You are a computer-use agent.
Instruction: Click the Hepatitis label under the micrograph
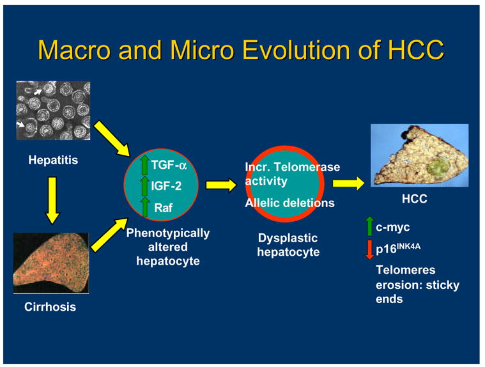click(53, 160)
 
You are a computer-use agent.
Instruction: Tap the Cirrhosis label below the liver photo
click(50, 307)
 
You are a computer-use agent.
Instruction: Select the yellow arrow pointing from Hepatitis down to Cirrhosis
click(52, 201)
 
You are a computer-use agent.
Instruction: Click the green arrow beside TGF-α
click(144, 165)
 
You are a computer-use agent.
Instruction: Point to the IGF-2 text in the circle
click(166, 186)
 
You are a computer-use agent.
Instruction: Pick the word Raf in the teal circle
click(164, 208)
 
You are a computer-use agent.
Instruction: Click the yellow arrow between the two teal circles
click(222, 185)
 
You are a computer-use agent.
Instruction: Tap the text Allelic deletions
click(290, 203)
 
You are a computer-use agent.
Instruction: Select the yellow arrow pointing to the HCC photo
click(349, 183)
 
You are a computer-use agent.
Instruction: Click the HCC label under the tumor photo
click(415, 199)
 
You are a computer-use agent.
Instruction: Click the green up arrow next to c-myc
click(369, 226)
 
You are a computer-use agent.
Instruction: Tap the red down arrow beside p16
click(369, 249)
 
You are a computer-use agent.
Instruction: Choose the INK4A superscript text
click(408, 247)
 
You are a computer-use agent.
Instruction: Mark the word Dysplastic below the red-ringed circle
click(288, 238)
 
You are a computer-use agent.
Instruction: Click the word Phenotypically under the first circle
click(168, 233)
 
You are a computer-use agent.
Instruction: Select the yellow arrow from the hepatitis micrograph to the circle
click(112, 138)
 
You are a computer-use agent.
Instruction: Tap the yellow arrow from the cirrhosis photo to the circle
click(109, 235)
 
